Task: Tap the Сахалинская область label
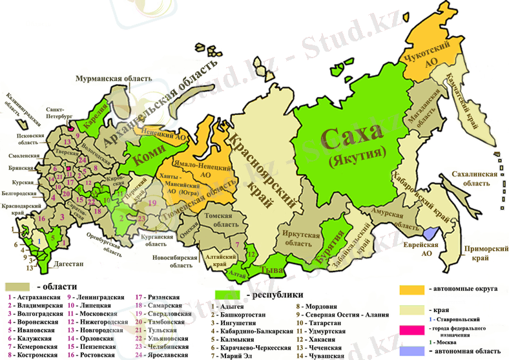point(475,178)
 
